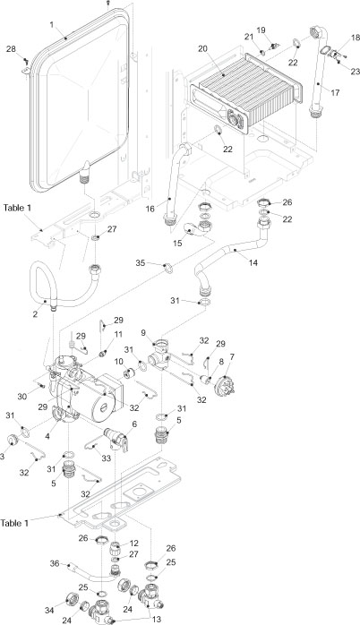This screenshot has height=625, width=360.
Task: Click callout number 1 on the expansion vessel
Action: pyautogui.click(x=52, y=22)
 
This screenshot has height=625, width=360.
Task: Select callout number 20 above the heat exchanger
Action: pyautogui.click(x=202, y=47)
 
